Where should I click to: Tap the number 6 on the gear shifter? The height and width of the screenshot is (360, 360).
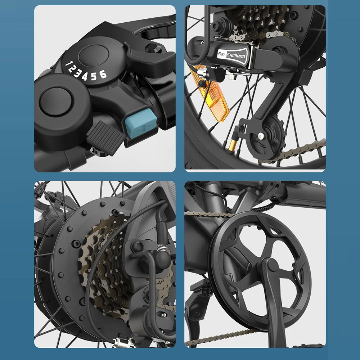pos(103,74)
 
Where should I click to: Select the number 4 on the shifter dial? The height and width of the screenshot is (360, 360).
pos(85,76)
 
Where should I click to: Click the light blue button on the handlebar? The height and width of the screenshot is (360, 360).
pos(141,123)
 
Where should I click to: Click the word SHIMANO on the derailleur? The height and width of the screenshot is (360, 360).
pos(236,55)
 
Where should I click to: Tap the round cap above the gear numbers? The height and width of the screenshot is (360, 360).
pos(94,55)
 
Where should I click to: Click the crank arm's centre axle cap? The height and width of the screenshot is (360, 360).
pos(272,265)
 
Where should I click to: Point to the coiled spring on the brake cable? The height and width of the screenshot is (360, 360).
pos(162,248)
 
